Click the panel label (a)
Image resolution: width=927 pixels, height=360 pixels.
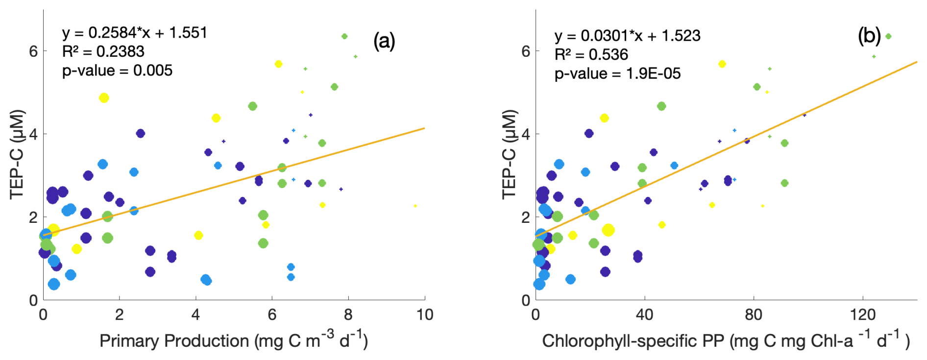pyautogui.click(x=384, y=41)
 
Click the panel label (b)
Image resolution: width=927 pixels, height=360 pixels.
pyautogui.click(x=869, y=36)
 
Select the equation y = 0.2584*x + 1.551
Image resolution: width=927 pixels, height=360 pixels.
pyautogui.click(x=135, y=33)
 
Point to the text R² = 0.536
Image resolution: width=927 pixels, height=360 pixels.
pyautogui.click(x=591, y=54)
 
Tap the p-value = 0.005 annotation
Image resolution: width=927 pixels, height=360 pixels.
pyautogui.click(x=117, y=71)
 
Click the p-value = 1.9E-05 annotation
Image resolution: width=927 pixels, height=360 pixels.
pyautogui.click(x=617, y=73)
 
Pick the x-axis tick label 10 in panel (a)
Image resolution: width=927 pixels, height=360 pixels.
pyautogui.click(x=424, y=314)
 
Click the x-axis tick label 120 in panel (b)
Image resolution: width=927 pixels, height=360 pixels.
pyautogui.click(x=862, y=314)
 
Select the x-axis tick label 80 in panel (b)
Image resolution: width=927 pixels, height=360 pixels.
pyautogui.click(x=753, y=314)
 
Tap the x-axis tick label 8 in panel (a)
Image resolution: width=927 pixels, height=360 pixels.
pyautogui.click(x=348, y=314)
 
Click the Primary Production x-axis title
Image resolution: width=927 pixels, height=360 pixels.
pyautogui.click(x=233, y=340)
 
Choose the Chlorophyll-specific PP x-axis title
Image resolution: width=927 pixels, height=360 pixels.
pyautogui.click(x=725, y=340)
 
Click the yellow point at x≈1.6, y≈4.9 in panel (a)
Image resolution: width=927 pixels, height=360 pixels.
pyautogui.click(x=104, y=98)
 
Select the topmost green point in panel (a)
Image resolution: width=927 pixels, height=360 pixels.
pyautogui.click(x=344, y=36)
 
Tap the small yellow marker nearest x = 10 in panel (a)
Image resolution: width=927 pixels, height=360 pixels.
pyautogui.click(x=415, y=206)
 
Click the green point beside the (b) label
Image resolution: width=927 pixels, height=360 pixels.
pyautogui.click(x=888, y=36)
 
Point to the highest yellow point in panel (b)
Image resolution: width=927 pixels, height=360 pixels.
pyautogui.click(x=722, y=64)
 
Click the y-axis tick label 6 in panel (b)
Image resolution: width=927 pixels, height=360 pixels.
pyautogui.click(x=525, y=51)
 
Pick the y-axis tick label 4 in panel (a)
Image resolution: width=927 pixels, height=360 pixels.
pyautogui.click(x=33, y=134)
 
